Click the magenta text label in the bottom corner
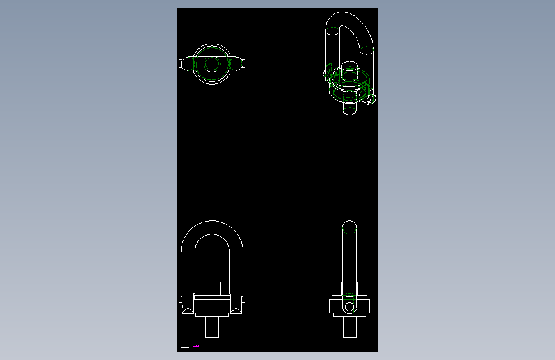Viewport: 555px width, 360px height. point(196,346)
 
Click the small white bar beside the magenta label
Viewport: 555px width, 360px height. point(184,347)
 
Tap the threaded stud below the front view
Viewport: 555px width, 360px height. point(212,327)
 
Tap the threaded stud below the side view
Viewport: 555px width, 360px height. point(349,327)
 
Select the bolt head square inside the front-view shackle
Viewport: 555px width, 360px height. point(212,288)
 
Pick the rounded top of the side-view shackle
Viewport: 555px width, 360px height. point(349,225)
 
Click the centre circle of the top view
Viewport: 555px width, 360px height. point(211,64)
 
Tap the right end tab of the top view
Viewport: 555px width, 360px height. point(244,63)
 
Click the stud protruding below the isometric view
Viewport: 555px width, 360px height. point(349,108)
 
